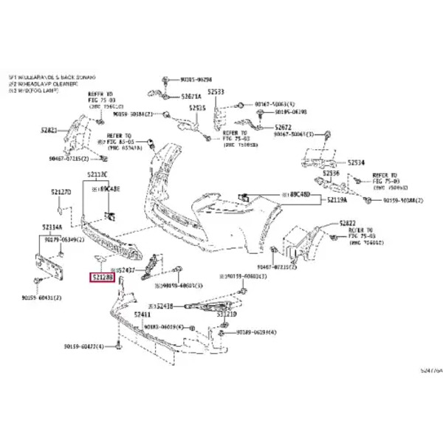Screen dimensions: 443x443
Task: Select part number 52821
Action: point(49,130)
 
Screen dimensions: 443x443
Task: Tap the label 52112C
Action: point(97,175)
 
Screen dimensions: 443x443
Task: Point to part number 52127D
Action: point(61,191)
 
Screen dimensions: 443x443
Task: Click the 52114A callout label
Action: point(52,227)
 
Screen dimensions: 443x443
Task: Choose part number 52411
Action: point(142,315)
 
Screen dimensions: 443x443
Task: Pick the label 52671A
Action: point(190,96)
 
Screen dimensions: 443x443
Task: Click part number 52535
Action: point(196,108)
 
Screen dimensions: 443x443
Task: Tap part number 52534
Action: point(356,162)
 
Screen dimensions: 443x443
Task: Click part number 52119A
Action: point(336,200)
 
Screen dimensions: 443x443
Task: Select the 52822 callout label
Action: point(348,223)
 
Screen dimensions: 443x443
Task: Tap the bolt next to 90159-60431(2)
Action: point(38,282)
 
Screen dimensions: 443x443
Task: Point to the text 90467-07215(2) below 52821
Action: point(69,159)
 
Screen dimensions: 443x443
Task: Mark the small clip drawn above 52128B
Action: point(97,260)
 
